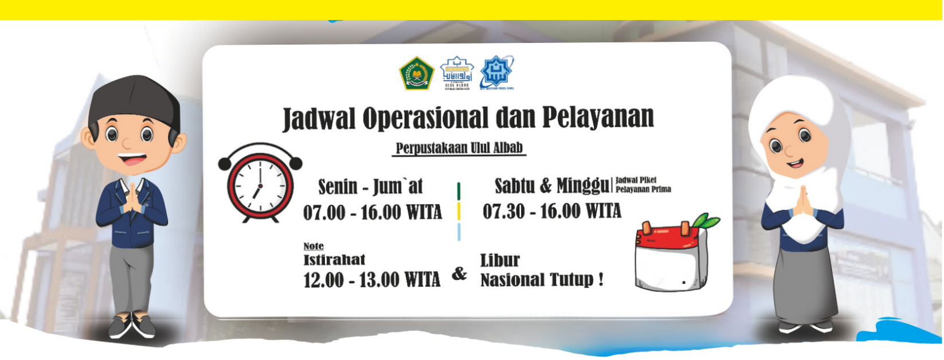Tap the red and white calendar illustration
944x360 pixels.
[x=671, y=258]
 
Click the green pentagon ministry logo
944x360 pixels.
[x=416, y=73]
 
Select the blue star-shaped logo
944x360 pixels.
[x=496, y=72]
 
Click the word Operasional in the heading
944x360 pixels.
[x=425, y=118]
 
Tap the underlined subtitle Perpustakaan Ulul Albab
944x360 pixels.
[x=460, y=148]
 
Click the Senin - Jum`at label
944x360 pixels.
[x=370, y=187]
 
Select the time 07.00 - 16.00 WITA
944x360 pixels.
[x=373, y=213]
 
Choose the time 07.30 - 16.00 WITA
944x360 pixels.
[x=551, y=212]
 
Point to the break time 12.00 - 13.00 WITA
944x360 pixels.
[x=371, y=280]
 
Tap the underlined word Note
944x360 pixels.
[x=314, y=246]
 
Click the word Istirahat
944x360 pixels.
[x=334, y=260]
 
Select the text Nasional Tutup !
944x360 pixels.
[x=541, y=280]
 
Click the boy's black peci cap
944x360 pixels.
[x=134, y=101]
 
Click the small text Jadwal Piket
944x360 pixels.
[x=636, y=181]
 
